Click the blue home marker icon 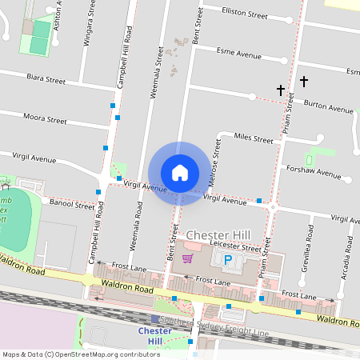(179, 173)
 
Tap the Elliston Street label (245, 14)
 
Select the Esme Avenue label (240, 55)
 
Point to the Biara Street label (46, 80)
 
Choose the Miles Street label (253, 138)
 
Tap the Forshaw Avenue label (318, 172)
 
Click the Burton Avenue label (329, 107)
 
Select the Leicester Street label (229, 247)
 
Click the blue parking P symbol (227, 261)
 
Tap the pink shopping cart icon (187, 258)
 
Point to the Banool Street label (73, 206)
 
